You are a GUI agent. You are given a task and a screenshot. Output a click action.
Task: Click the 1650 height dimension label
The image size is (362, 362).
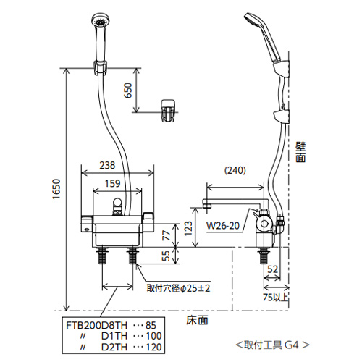tap(56, 189)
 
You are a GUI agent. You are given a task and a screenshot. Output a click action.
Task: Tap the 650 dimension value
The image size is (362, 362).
tap(128, 90)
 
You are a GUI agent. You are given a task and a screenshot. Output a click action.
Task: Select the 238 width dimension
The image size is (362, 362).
tap(107, 165)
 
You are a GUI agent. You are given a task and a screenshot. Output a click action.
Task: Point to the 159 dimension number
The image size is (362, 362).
tap(112, 183)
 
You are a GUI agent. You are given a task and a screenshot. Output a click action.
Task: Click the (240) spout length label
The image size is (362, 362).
tap(235, 170)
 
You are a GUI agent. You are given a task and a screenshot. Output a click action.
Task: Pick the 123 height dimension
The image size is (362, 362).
tap(188, 228)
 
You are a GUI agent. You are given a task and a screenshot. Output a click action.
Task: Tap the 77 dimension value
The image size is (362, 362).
tap(167, 235)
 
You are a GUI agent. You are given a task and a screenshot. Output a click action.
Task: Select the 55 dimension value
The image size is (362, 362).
tap(166, 256)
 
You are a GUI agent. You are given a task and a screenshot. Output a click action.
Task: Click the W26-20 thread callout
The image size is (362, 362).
tap(223, 226)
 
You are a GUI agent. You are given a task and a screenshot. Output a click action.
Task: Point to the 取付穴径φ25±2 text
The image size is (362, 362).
tap(179, 288)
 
